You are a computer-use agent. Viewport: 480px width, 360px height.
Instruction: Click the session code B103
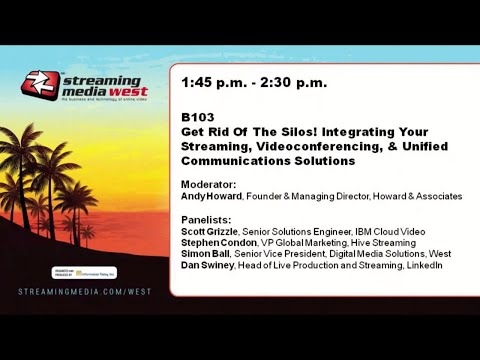(197, 117)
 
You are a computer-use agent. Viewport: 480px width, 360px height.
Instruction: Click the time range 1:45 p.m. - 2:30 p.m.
(254, 83)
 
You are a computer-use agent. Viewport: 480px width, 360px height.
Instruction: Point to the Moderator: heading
(208, 185)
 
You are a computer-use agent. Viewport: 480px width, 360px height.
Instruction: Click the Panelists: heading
(206, 219)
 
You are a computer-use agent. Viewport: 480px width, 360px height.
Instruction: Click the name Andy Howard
(210, 197)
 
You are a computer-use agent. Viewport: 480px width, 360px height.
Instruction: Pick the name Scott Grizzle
(210, 231)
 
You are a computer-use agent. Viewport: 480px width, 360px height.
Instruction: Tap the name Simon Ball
(205, 254)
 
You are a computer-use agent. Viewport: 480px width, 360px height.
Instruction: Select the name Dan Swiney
(207, 265)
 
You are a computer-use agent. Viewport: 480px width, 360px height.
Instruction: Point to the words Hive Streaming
(384, 243)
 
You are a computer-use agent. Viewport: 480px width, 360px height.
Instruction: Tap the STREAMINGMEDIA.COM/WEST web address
(85, 292)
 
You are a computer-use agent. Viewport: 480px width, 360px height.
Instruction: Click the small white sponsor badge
(85, 272)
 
